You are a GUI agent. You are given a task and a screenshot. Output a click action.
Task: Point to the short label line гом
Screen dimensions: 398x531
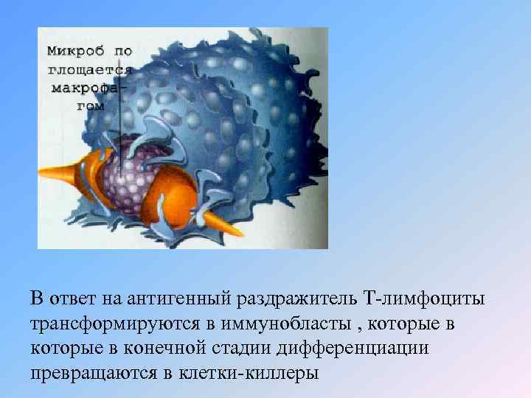pyautogui.click(x=90, y=105)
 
